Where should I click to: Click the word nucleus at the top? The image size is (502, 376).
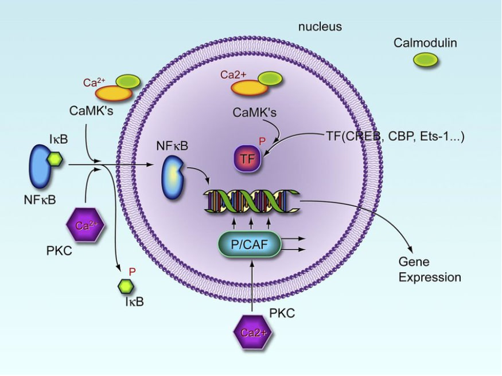coord(320,27)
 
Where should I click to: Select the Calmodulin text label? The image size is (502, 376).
coord(425,43)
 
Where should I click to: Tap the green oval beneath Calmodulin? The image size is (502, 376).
coord(425,60)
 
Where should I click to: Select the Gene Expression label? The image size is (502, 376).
coord(430,270)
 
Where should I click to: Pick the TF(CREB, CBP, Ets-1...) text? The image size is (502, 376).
coord(394,136)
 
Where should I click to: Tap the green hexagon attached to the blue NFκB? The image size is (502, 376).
coord(55,159)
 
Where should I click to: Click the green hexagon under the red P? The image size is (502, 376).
coord(123,285)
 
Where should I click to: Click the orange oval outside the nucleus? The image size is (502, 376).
coord(113,93)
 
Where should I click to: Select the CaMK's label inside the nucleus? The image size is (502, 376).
coord(255,112)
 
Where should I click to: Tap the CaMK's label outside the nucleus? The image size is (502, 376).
coord(91,109)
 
